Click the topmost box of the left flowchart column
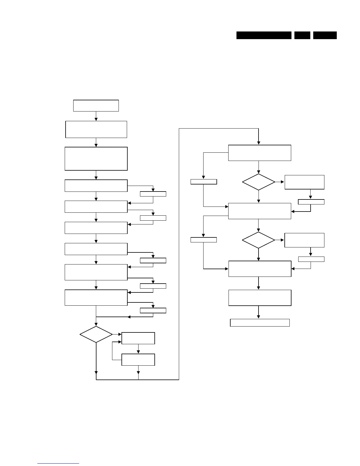(96, 106)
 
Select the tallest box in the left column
(96, 159)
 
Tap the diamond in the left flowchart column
(96, 334)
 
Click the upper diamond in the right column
(259, 182)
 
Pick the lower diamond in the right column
(259, 240)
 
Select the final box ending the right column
(260, 323)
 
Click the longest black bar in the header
(264, 35)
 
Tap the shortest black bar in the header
(302, 35)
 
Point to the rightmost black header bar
(325, 35)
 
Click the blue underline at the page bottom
(58, 464)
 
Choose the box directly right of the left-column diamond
(138, 338)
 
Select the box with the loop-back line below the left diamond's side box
(138, 360)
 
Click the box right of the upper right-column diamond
(304, 182)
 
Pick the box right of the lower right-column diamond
(304, 240)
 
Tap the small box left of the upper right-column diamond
(204, 182)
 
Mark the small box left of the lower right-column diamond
(204, 240)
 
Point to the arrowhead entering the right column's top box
(259, 143)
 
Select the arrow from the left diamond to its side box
(117, 334)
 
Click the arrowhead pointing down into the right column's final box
(259, 317)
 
